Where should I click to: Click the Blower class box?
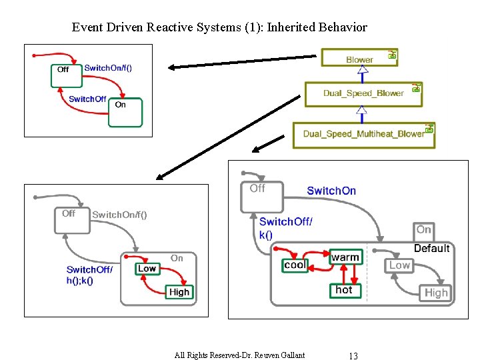(x=359, y=59)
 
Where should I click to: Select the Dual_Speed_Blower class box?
(x=363, y=93)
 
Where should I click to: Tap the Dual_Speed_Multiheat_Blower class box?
(x=363, y=134)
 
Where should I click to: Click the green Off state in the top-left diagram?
(x=65, y=75)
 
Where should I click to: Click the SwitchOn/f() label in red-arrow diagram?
(x=113, y=68)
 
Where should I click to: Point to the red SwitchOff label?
(x=87, y=99)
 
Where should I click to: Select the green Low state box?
(x=147, y=269)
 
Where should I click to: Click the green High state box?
(x=179, y=291)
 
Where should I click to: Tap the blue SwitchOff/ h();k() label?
(x=89, y=275)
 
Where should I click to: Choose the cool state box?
(x=295, y=265)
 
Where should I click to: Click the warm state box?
(x=345, y=257)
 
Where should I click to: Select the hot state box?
(x=345, y=290)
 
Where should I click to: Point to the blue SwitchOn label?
(x=331, y=191)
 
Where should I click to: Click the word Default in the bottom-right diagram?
(x=431, y=248)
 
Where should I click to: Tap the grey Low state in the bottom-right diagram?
(x=400, y=265)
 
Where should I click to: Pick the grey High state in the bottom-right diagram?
(x=436, y=293)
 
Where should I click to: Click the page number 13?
(x=353, y=355)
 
